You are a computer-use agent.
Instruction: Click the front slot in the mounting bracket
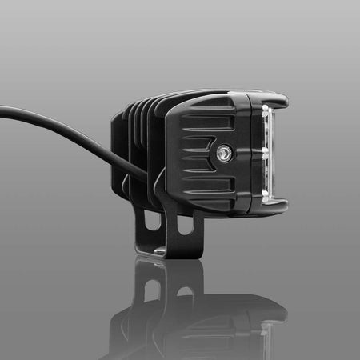point(185,226)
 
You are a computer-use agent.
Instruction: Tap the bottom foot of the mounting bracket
point(168,254)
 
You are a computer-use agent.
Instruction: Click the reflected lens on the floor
point(266,336)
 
